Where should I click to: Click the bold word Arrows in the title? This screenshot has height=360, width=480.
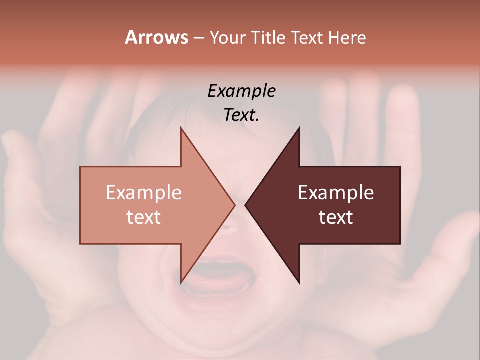point(156,37)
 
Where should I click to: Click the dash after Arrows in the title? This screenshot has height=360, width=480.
point(198,38)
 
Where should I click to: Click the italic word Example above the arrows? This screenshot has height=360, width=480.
point(241,91)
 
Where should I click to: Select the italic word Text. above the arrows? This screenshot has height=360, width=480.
point(241,115)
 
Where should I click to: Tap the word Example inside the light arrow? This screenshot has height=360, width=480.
point(144,193)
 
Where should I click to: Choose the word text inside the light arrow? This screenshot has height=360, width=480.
point(144,217)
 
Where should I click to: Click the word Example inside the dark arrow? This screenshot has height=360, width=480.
point(336,193)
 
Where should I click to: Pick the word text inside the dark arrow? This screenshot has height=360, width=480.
point(336,217)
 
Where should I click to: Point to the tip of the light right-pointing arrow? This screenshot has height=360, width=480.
point(235,205)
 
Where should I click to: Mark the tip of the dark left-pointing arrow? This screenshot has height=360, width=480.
point(245,205)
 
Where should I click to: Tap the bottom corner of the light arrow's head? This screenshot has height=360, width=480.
point(181,283)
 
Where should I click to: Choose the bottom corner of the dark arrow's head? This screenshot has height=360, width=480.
point(299,283)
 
